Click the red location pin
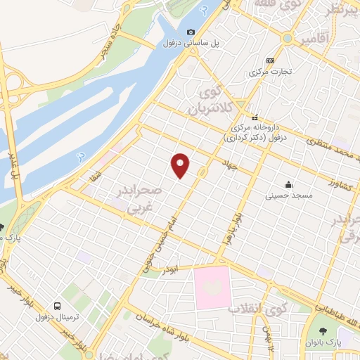181,165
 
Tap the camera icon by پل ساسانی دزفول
191,32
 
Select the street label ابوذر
171,270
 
